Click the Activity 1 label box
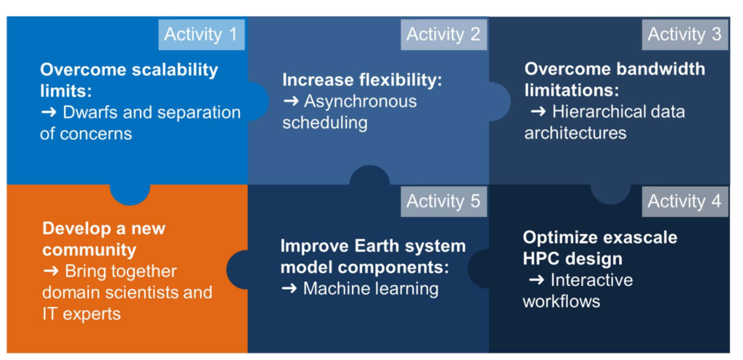pos(202,35)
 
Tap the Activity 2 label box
pos(443,35)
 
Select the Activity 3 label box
pos(685,35)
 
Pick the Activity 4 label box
pos(685,202)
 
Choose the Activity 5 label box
pos(443,202)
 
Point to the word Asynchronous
pos(360,102)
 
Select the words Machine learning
pos(371,288)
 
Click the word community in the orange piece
pos(89,250)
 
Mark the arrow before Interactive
pos(537,280)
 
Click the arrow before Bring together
pos(51,271)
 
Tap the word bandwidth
pos(660,69)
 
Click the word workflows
pos(562,301)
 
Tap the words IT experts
pos(81,314)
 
